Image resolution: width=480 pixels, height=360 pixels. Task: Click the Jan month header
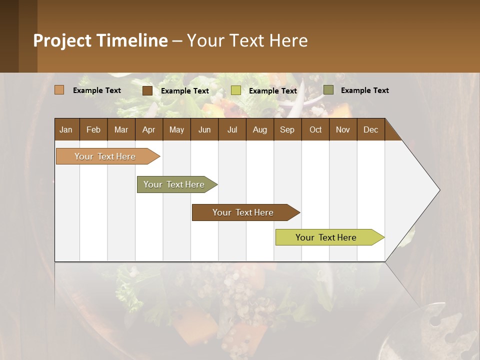coord(66,130)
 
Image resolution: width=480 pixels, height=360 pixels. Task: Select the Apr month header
coord(148,130)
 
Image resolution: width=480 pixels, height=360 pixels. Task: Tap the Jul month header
coord(232,130)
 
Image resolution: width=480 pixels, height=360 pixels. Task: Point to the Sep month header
coord(287,130)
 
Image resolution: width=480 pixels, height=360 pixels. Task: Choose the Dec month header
coord(370,130)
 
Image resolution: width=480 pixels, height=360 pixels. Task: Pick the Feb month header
coord(93,130)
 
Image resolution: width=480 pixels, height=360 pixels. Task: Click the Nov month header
coord(342,130)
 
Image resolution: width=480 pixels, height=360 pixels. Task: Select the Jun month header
coord(204,130)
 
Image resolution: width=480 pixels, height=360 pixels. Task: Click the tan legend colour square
coord(59,90)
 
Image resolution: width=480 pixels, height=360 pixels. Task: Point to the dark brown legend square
coord(147,90)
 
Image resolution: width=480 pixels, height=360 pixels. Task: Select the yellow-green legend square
coord(236,90)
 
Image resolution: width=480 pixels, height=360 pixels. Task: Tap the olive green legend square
coord(328,90)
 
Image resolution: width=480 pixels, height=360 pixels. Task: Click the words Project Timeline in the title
coord(100,40)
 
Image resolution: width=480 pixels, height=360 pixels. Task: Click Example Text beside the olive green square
coord(364,90)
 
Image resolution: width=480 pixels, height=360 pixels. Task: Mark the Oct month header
coord(315,130)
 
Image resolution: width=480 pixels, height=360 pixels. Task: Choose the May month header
coord(176,130)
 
